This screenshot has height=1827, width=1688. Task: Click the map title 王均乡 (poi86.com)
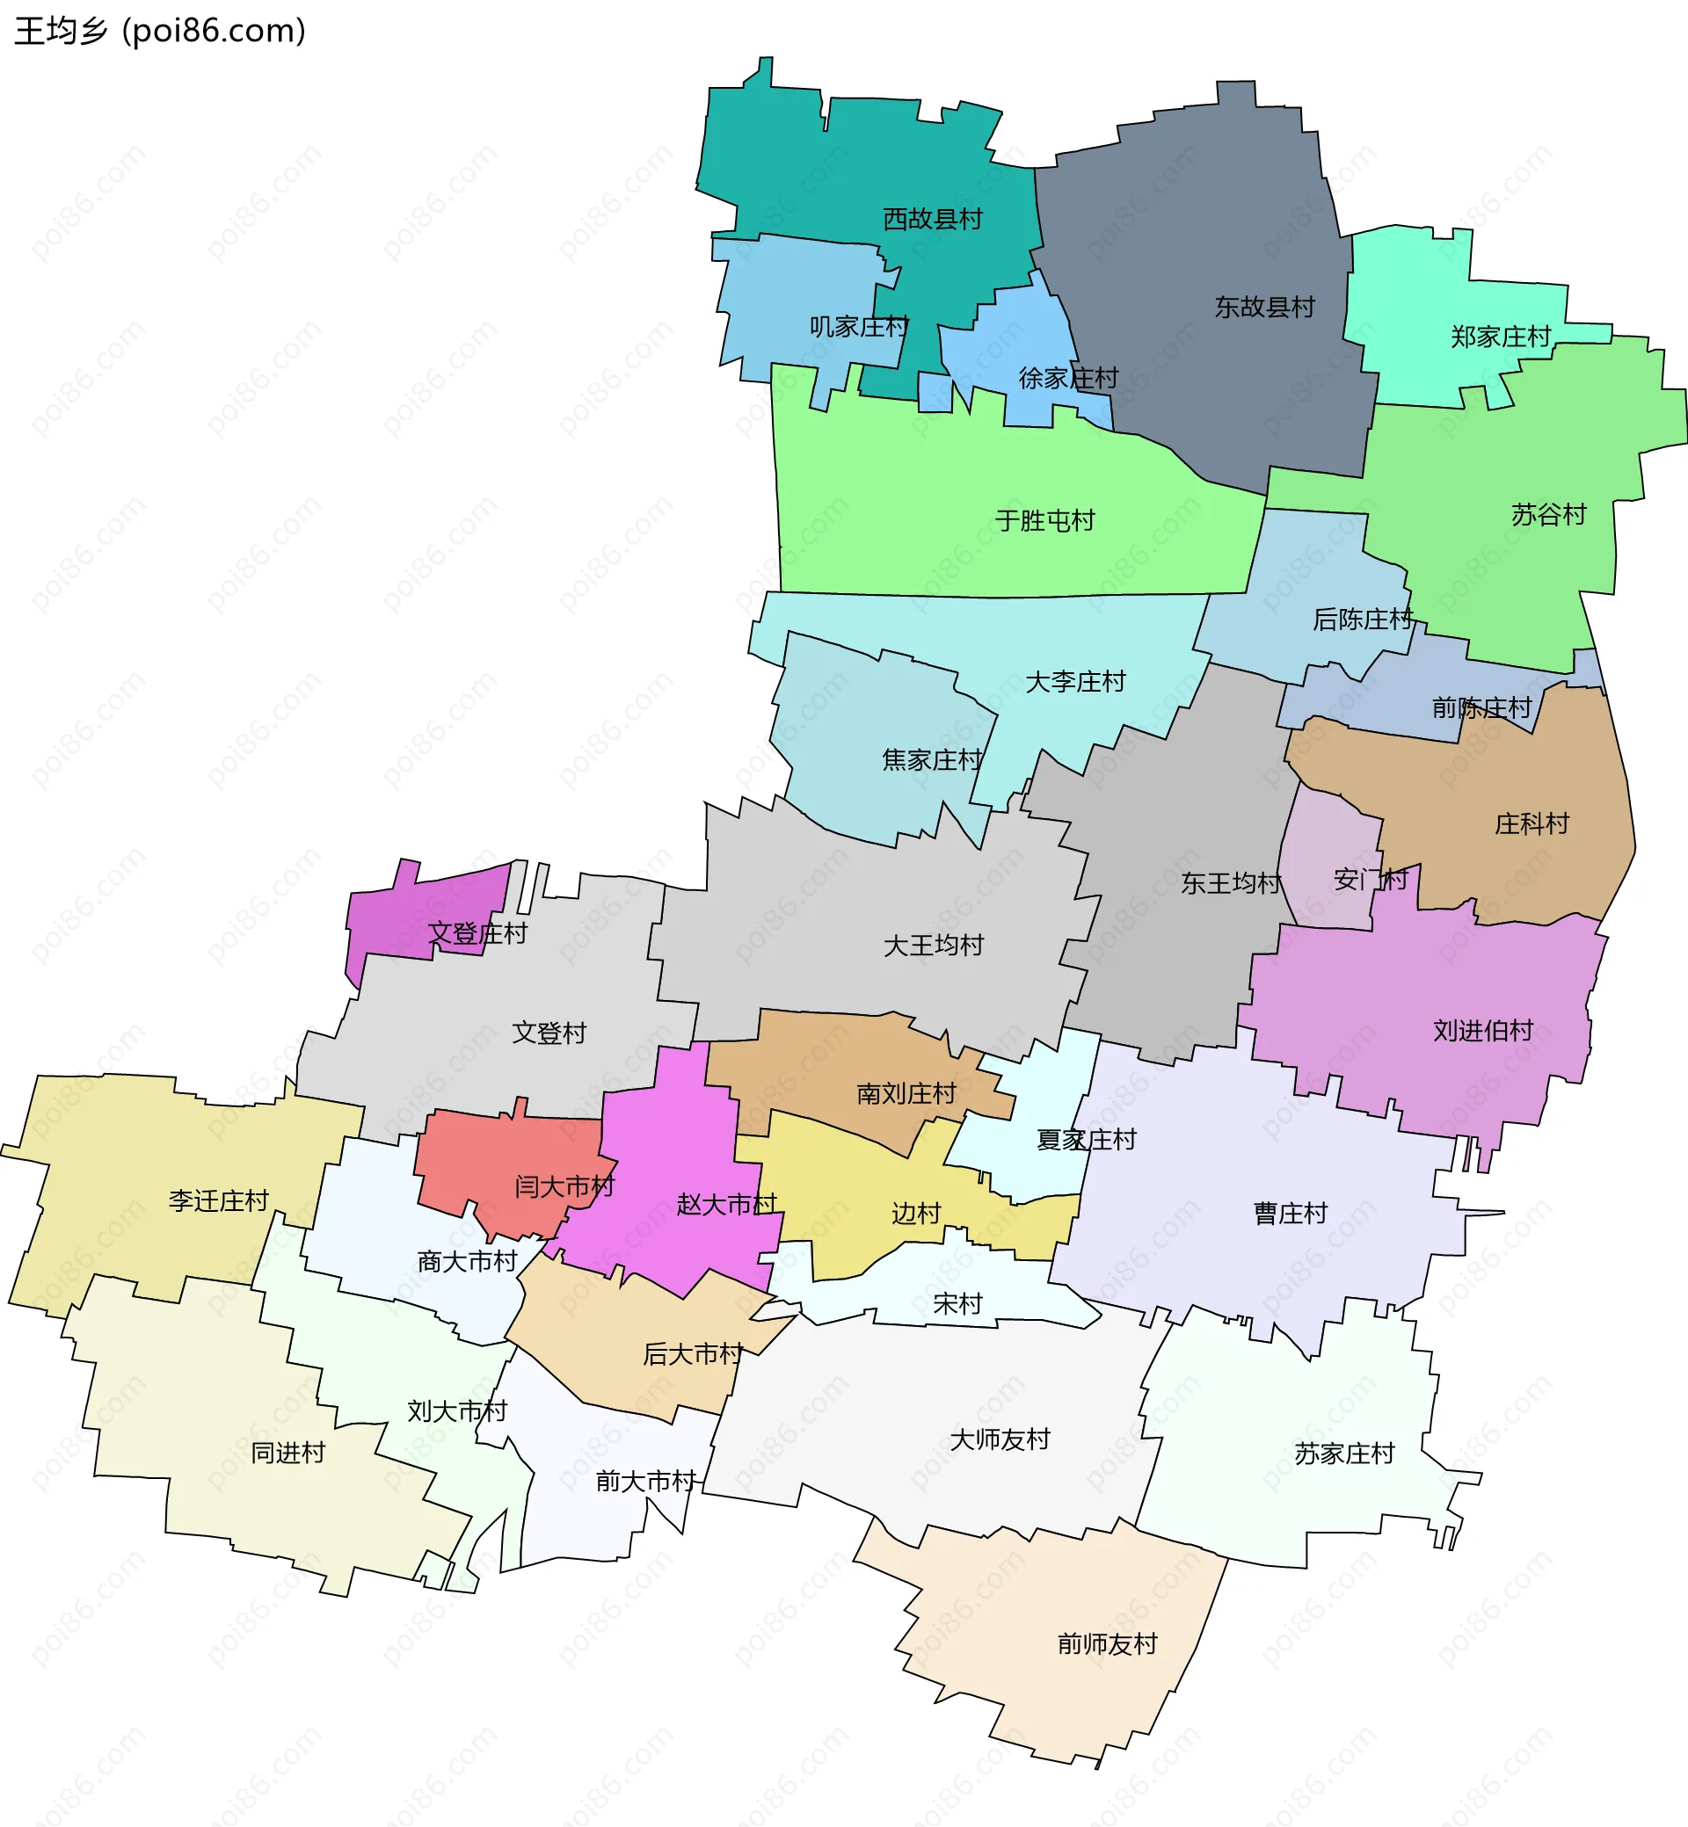pos(160,31)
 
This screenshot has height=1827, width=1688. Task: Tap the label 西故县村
pos(933,219)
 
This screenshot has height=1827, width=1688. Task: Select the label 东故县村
pos(1264,308)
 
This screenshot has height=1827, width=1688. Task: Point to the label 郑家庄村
pos(1501,337)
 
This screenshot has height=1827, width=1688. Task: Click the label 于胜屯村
pos(1045,520)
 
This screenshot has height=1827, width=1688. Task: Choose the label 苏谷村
pos(1548,515)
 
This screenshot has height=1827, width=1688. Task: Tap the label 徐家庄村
pos(1068,378)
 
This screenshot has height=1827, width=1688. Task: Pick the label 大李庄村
pos(1075,682)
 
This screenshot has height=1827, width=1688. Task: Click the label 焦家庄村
pos(932,759)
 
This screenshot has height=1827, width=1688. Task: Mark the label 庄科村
pos(1532,824)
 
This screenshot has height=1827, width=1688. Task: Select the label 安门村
pos(1370,881)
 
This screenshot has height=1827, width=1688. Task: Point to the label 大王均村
pos(934,946)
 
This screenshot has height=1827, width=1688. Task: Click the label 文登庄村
pos(477,934)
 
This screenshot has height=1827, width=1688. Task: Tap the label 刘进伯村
pos(1482,1031)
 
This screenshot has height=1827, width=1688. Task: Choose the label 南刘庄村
pos(906,1094)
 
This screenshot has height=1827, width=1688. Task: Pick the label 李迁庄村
pos(218,1200)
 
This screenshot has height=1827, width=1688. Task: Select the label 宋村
pos(957,1304)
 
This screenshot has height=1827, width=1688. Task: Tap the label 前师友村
pos(1107,1644)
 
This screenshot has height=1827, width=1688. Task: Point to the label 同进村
pos(287,1453)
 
